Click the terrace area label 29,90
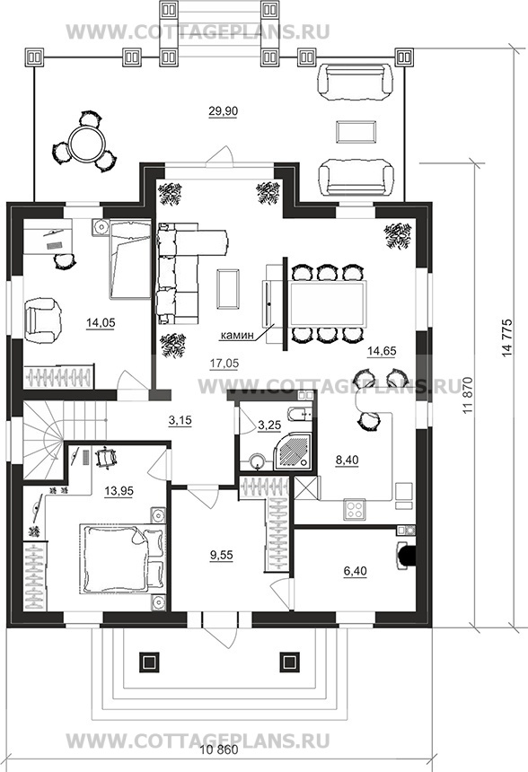[223, 111]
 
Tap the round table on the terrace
[84, 143]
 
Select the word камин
[236, 336]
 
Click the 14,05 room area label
[101, 323]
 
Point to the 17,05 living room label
[224, 364]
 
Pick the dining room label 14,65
[382, 351]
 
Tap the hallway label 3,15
[180, 420]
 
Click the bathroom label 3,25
[269, 425]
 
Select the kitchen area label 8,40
[347, 461]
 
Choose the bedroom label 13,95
[119, 491]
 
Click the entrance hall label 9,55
[221, 556]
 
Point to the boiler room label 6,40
[355, 572]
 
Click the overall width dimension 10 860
[220, 750]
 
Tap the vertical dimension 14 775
[507, 338]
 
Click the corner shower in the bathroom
[293, 451]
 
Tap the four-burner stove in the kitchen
[355, 509]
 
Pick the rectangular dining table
[327, 303]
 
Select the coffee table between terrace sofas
[357, 131]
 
